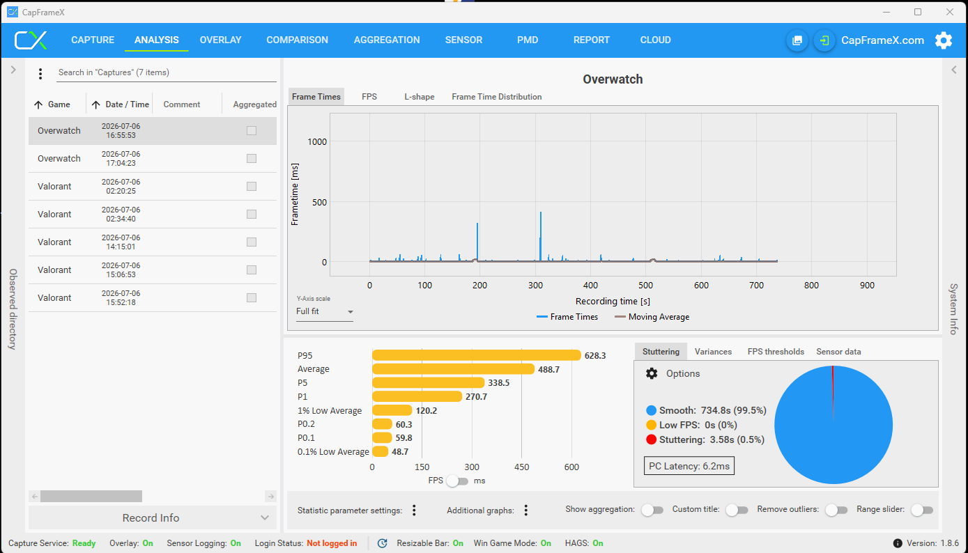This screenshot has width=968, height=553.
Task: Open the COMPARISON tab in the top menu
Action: [x=297, y=40]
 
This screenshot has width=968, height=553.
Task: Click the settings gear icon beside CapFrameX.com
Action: [x=944, y=40]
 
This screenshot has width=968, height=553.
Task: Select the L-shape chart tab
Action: [x=419, y=97]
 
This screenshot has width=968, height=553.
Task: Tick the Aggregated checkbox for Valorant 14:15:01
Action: [x=252, y=242]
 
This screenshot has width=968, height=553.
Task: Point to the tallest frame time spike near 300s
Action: [x=541, y=212]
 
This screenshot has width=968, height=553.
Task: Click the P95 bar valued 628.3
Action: [x=476, y=355]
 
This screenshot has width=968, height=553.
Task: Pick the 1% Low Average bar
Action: [x=392, y=410]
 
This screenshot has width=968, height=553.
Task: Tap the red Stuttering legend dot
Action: [x=651, y=439]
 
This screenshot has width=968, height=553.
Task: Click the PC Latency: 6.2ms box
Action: [x=689, y=466]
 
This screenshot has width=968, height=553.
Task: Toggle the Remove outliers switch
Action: [x=836, y=511]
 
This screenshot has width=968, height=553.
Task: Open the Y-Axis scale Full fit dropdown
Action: [x=325, y=311]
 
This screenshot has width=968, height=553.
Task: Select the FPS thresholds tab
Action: [x=776, y=352]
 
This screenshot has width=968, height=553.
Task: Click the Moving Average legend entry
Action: [x=652, y=317]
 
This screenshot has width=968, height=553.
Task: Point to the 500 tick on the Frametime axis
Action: [x=319, y=202]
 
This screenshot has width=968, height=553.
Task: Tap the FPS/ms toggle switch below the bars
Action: [x=457, y=481]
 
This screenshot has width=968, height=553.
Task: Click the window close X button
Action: [x=949, y=12]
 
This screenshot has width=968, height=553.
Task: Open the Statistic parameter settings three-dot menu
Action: [x=414, y=511]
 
